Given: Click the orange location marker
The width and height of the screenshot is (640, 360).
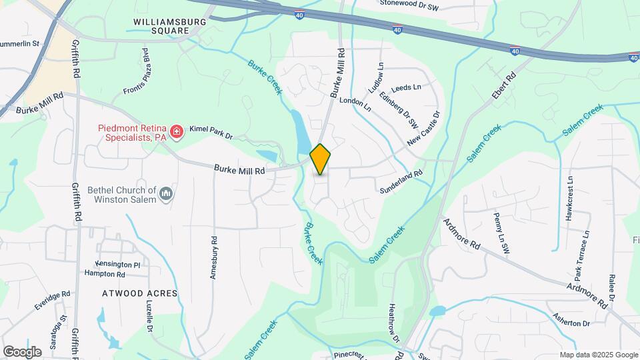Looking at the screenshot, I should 320,159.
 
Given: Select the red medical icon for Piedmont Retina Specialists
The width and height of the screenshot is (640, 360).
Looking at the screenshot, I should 177,132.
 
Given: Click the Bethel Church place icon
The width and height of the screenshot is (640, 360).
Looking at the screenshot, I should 167,194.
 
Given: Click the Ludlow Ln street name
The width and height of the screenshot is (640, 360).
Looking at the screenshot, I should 377,78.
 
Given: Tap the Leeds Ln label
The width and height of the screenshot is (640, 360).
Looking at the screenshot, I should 407,87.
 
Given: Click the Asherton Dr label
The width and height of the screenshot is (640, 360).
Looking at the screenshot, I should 568,322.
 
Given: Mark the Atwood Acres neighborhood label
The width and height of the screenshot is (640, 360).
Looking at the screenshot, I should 139,293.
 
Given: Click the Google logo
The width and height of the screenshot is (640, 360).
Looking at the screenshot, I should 22,351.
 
